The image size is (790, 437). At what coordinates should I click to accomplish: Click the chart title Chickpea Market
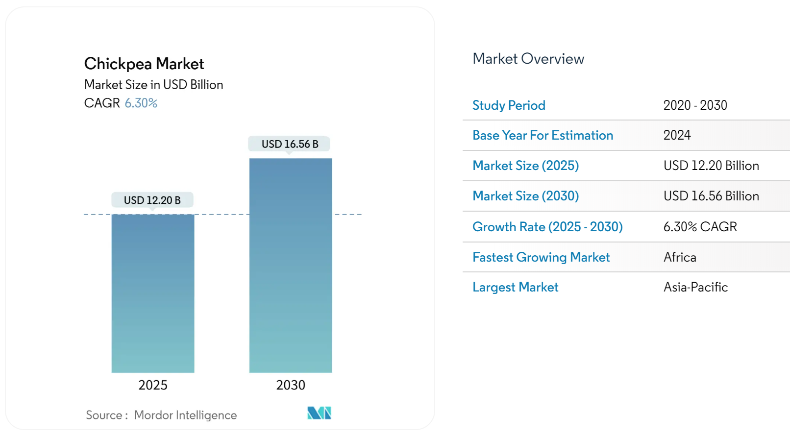pos(144,64)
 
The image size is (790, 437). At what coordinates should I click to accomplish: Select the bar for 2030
pos(291,265)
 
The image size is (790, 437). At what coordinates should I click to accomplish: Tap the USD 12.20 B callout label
pos(152,200)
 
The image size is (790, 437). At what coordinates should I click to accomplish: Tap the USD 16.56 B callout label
pos(290,144)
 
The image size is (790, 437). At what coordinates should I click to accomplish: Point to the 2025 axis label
pos(153,385)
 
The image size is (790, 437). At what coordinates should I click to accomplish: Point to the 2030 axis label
pos(291,385)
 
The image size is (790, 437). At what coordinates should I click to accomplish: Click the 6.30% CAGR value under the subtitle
pos(141,103)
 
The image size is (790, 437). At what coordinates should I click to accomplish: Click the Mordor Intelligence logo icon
pos(320,413)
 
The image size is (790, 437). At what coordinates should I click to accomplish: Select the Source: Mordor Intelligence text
pos(161,415)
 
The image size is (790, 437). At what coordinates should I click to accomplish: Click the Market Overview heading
pos(528,59)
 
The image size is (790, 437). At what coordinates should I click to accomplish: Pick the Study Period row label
pos(509,105)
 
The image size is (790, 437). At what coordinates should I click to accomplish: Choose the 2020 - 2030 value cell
pos(695,105)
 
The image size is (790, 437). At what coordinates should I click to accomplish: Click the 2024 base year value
pos(677,135)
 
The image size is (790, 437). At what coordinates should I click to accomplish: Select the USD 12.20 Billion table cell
pos(711,166)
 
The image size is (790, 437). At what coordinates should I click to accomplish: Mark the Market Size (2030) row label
pos(525,196)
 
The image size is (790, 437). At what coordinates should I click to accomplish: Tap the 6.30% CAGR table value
pos(700,227)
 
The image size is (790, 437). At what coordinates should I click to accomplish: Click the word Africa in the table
pos(680,257)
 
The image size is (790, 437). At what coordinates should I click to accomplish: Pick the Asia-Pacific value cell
pos(695,287)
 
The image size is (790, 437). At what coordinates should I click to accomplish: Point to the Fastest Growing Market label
pos(541,257)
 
